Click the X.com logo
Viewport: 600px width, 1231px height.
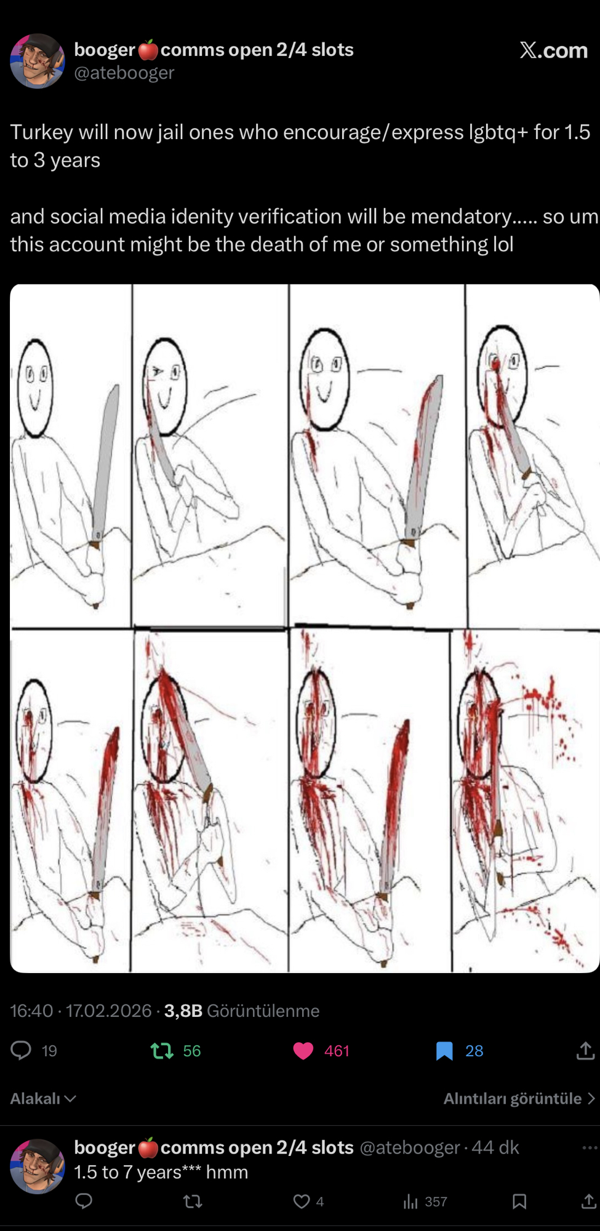click(553, 50)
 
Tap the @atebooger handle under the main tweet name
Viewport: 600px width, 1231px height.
click(124, 73)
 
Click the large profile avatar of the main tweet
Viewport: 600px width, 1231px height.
click(38, 61)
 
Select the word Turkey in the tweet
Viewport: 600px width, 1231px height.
click(41, 132)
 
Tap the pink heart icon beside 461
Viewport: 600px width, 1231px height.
click(303, 1051)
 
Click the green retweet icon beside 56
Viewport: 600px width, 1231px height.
click(162, 1051)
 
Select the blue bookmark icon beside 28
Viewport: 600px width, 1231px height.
click(444, 1051)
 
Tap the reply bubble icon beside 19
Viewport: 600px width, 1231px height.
click(21, 1050)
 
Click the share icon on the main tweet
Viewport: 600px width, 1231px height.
click(585, 1051)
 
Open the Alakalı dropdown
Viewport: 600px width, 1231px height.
click(43, 1099)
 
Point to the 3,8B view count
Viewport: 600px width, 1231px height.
click(183, 1011)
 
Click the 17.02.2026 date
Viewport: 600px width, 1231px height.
click(108, 1011)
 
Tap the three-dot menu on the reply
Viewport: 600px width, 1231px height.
click(590, 1147)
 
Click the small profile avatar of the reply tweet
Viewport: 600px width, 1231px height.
click(38, 1166)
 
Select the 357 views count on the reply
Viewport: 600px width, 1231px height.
click(436, 1201)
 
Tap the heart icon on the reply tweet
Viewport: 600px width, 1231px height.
click(301, 1201)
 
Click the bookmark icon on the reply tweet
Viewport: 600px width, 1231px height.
click(519, 1201)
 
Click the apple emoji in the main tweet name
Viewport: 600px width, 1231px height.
click(148, 50)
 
